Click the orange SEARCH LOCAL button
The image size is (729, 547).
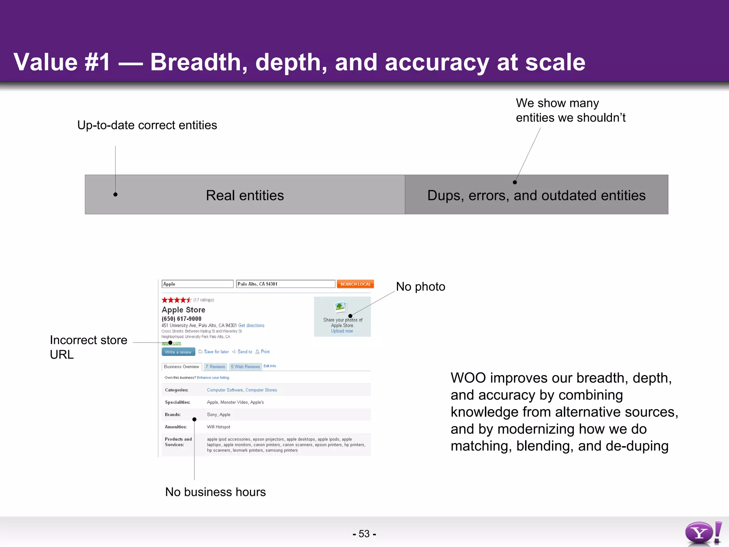pyautogui.click(x=355, y=284)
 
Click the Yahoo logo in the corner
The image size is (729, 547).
pyautogui.click(x=703, y=533)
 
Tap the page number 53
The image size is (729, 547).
pyautogui.click(x=364, y=534)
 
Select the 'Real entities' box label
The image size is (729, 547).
pyautogui.click(x=245, y=195)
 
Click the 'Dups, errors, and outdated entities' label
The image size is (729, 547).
pyautogui.click(x=536, y=195)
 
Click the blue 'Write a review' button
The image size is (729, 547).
pyautogui.click(x=178, y=352)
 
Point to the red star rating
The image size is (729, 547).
pyautogui.click(x=176, y=300)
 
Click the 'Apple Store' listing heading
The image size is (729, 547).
pyautogui.click(x=183, y=310)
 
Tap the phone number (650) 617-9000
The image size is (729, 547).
pyautogui.click(x=182, y=319)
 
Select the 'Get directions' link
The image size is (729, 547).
pyautogui.click(x=251, y=325)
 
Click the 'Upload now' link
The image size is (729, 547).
pyautogui.click(x=342, y=331)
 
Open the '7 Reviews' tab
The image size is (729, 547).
pyautogui.click(x=215, y=367)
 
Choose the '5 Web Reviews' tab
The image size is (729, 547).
pyautogui.click(x=245, y=367)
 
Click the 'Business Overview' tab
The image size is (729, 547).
pyautogui.click(x=182, y=367)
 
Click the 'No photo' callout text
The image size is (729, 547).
pyautogui.click(x=420, y=287)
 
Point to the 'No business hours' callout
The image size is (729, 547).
pyautogui.click(x=215, y=492)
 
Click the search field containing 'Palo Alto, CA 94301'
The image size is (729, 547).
pyautogui.click(x=285, y=284)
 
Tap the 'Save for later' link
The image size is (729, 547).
pyautogui.click(x=216, y=352)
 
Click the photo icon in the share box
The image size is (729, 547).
pyautogui.click(x=340, y=307)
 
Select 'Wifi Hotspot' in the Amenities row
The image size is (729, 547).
pyautogui.click(x=219, y=427)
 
